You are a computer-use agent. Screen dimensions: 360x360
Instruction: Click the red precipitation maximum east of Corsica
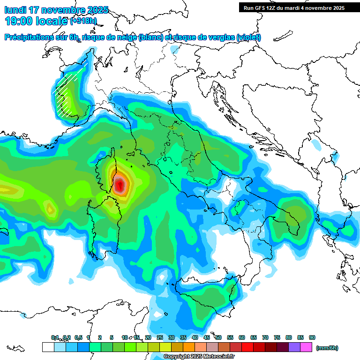coord(120,185)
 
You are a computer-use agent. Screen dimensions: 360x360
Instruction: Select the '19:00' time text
coord(18,21)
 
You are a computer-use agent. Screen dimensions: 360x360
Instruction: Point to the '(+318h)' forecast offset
coord(83,21)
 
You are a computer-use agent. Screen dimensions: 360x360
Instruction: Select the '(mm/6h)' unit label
coord(327,348)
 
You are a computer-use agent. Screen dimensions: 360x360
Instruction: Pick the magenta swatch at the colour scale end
coord(306,347)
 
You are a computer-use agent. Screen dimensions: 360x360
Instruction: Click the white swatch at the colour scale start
coord(48,347)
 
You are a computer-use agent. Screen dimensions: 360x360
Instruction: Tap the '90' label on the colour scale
coord(312,337)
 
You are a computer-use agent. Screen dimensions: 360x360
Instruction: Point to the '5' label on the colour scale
coord(112,337)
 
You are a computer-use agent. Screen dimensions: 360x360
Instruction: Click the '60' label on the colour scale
coord(242,337)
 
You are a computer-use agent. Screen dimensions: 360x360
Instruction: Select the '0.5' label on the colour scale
coord(78,337)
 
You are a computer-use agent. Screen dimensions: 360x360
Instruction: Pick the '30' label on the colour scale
coord(172,337)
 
